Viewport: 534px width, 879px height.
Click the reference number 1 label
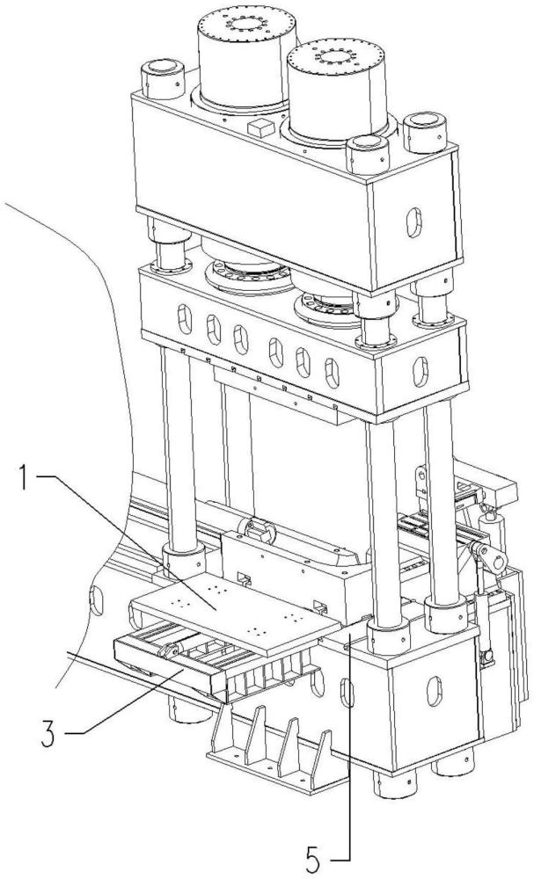pos(24,480)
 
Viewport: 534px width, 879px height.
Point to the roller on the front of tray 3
pos(171,651)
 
